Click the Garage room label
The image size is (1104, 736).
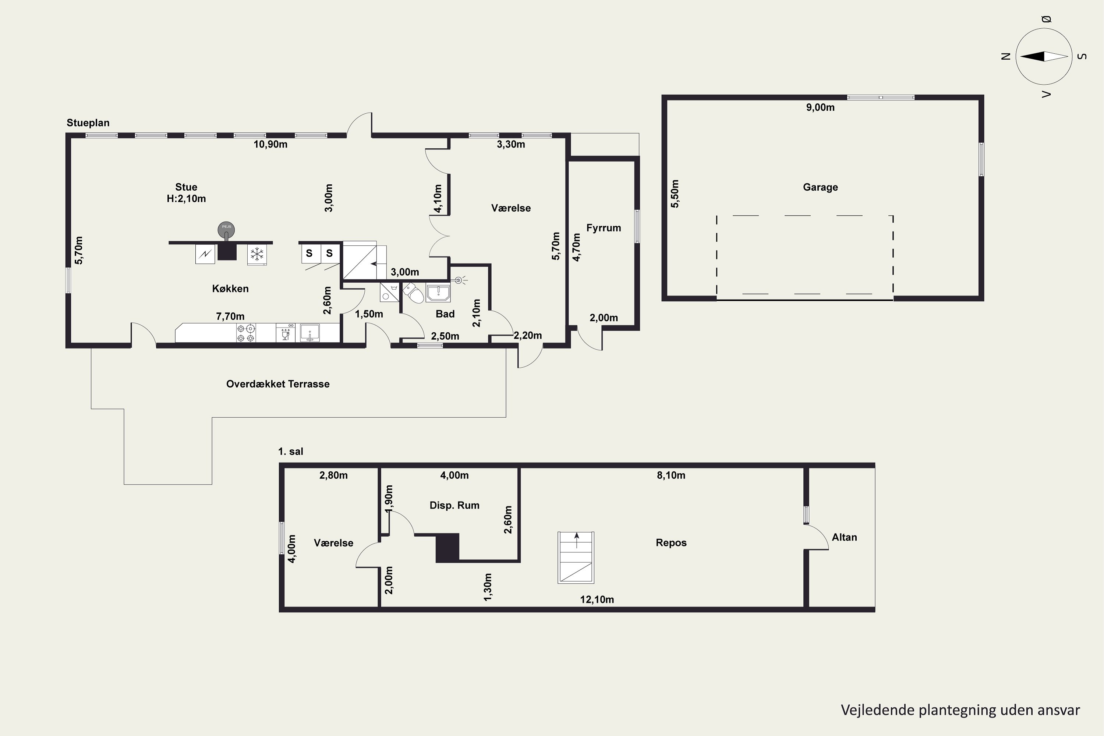820,187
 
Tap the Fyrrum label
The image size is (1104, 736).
603,228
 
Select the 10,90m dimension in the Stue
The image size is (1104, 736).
270,145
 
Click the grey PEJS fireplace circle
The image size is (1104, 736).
226,229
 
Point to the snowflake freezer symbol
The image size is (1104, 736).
257,254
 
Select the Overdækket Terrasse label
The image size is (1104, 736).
278,384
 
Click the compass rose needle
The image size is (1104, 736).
1044,56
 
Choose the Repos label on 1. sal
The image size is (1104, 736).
671,543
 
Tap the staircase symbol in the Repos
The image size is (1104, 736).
576,558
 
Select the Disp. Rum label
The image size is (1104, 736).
454,506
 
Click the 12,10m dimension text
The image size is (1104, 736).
597,599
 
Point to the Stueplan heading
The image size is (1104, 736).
88,123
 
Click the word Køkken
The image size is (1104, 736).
230,289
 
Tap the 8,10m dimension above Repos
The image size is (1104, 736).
671,475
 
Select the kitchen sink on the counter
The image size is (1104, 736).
310,332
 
